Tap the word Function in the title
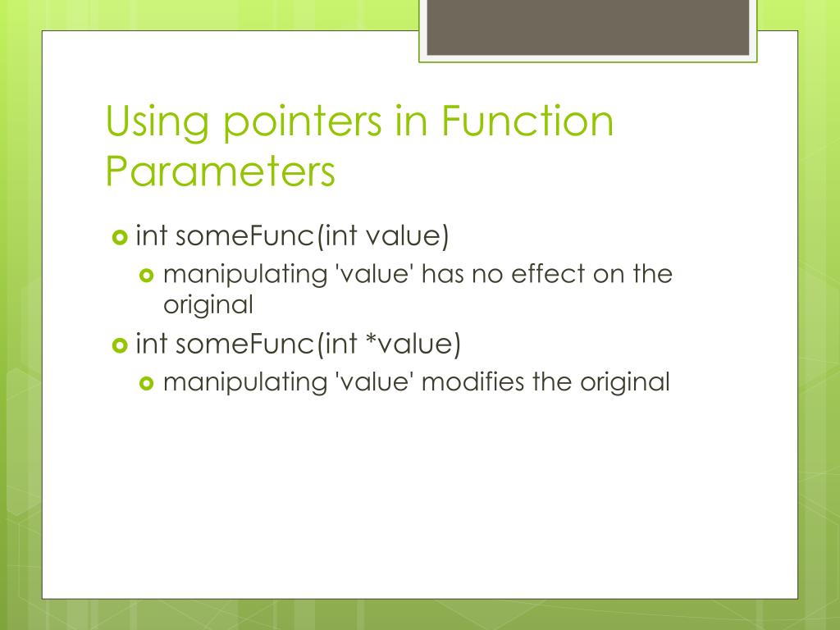[x=527, y=121]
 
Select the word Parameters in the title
[x=221, y=171]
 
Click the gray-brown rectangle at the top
[x=587, y=26]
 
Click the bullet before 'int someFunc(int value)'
[x=119, y=238]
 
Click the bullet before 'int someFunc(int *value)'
[x=119, y=345]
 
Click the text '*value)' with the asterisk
[x=413, y=344]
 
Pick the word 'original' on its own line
[x=208, y=305]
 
